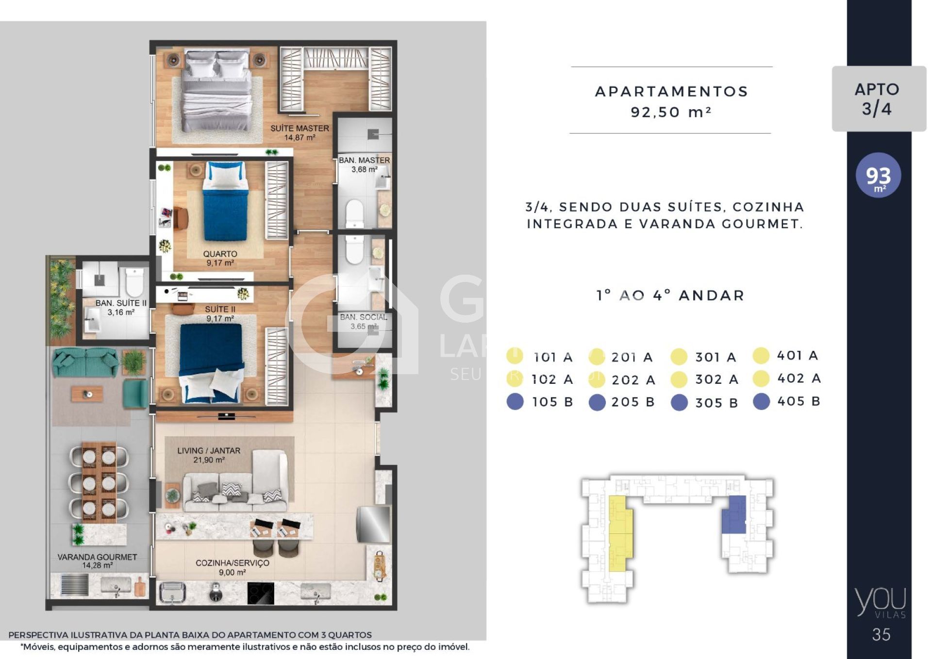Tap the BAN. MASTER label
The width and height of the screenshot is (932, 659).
[x=364, y=160]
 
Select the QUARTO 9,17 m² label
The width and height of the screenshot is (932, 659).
[x=220, y=258]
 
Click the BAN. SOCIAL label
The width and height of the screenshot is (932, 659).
[x=364, y=317]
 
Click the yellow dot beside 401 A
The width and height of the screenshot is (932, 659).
[x=761, y=356]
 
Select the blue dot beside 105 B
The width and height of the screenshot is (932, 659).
[x=515, y=402]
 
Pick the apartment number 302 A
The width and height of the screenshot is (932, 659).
[x=716, y=379]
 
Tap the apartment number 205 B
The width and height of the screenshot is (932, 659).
[x=633, y=402]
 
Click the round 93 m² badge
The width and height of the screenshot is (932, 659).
[x=879, y=175]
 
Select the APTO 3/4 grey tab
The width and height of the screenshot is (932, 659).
[x=879, y=99]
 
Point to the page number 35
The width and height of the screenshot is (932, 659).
[x=881, y=635]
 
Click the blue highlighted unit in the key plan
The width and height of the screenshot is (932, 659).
[x=733, y=515]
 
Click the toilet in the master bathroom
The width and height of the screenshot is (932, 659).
[x=354, y=214]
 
